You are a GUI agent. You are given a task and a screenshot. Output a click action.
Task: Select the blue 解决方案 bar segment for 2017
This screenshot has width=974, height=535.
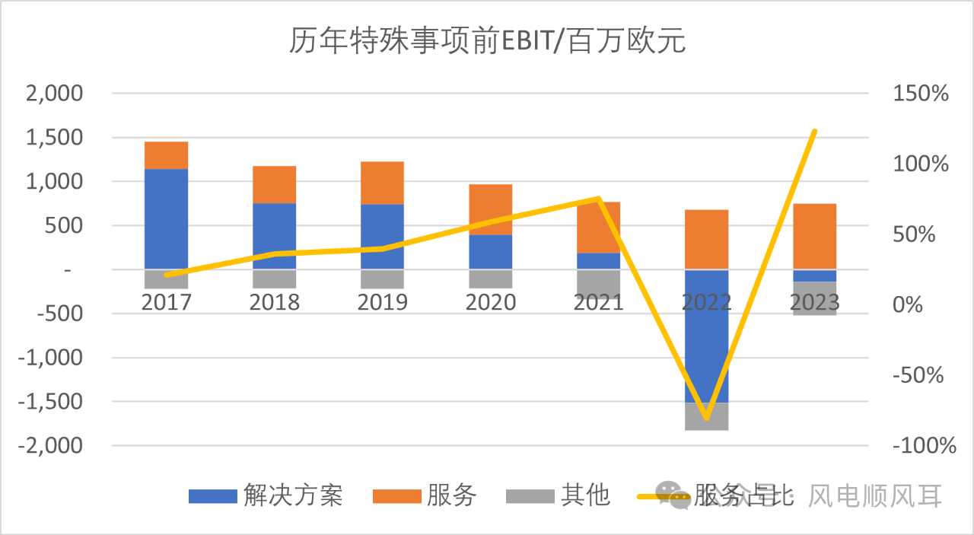click(x=166, y=218)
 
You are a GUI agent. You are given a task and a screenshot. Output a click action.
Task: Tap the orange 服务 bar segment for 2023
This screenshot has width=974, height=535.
click(x=814, y=236)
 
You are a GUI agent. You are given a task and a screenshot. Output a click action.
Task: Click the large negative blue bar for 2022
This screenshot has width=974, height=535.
click(x=706, y=336)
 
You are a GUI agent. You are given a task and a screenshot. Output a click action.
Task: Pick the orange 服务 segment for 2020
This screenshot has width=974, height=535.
click(x=490, y=209)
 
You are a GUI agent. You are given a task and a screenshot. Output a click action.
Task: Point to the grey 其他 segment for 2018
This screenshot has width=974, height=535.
click(x=274, y=279)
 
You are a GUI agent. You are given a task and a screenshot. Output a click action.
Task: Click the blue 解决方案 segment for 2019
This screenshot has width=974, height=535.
click(x=382, y=236)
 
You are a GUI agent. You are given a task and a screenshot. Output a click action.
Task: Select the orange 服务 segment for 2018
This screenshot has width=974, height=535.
click(x=274, y=184)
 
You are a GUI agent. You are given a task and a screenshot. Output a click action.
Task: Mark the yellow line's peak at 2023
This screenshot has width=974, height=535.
click(x=814, y=132)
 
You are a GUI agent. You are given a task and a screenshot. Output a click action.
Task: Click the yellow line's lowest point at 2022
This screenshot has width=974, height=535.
click(x=706, y=418)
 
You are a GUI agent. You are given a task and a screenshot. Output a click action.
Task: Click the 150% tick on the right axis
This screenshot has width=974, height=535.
click(x=919, y=94)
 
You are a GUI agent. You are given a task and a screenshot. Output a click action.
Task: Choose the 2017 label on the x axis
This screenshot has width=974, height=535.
click(x=166, y=302)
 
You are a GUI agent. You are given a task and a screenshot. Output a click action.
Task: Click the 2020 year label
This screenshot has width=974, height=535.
click(x=490, y=302)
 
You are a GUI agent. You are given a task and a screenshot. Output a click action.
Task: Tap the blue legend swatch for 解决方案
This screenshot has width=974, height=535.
click(x=212, y=496)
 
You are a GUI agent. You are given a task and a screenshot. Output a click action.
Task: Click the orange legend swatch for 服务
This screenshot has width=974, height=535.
click(x=396, y=496)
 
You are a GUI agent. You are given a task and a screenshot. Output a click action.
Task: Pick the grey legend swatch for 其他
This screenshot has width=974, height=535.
click(x=529, y=496)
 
